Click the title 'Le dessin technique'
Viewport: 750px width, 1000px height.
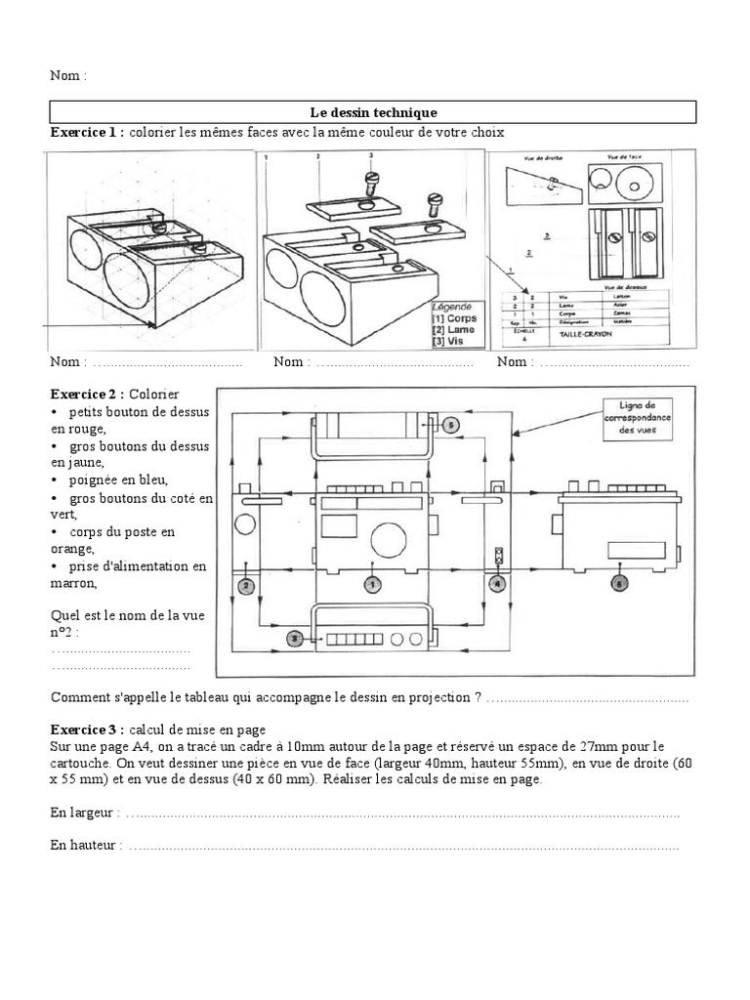tap(375, 113)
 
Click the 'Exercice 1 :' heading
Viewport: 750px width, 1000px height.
tap(87, 133)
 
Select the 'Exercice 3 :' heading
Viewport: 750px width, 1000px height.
tap(87, 729)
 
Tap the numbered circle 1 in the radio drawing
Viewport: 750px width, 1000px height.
tap(371, 584)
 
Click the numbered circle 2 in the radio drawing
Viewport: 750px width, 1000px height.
tap(246, 586)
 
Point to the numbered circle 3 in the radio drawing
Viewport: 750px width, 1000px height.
tap(293, 638)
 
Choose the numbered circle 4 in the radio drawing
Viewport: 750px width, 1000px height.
tap(498, 585)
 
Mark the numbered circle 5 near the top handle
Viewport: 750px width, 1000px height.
tap(450, 425)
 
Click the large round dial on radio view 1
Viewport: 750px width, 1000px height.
tap(388, 539)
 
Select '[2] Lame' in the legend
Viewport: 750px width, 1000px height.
tap(452, 330)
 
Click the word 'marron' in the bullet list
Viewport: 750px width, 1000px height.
tap(73, 584)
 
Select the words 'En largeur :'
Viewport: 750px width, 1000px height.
tap(86, 813)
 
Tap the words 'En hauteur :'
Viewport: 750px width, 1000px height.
tap(87, 846)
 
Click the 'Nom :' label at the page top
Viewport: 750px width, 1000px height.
tap(68, 75)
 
